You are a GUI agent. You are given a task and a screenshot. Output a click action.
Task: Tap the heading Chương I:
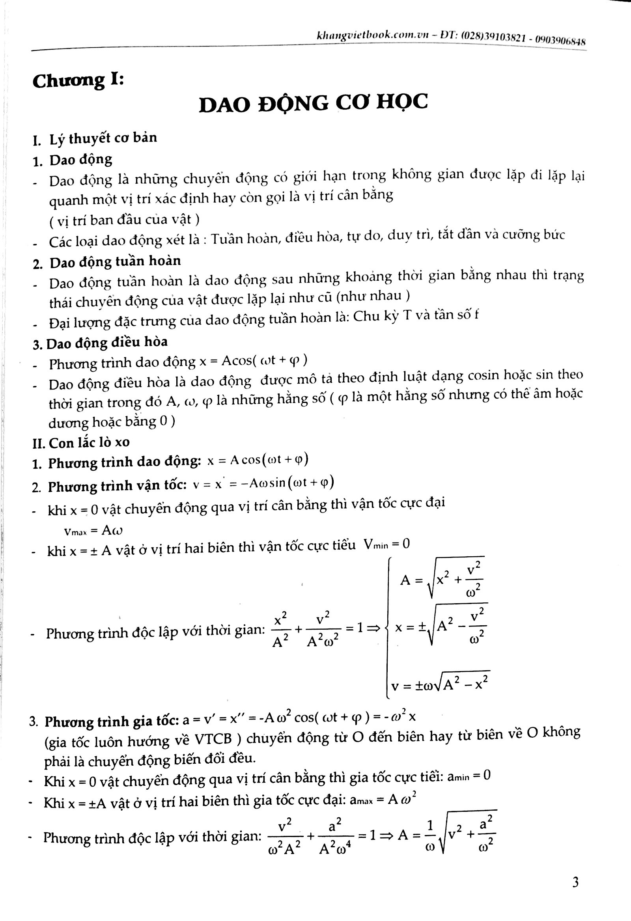(x=78, y=81)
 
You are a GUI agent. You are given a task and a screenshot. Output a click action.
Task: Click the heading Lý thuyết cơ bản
(x=103, y=138)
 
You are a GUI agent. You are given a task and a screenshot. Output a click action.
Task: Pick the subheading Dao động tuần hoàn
(x=115, y=261)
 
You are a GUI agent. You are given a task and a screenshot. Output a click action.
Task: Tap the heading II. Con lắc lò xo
(x=81, y=443)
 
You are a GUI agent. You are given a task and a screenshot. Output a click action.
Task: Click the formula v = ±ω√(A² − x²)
(x=440, y=684)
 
